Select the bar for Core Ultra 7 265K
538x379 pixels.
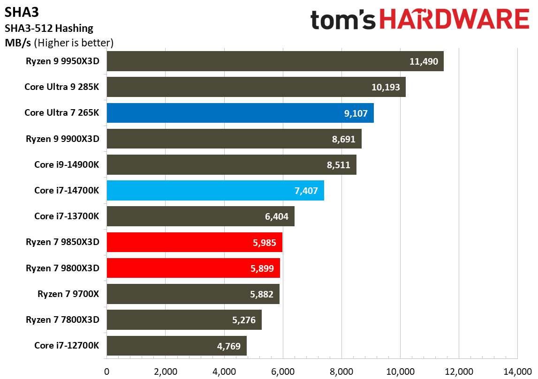[240, 113]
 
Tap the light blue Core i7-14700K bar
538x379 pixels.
[215, 191]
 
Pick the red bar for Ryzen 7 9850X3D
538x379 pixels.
[194, 242]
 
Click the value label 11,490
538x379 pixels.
[424, 61]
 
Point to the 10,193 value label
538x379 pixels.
[386, 87]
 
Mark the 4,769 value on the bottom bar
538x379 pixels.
[227, 346]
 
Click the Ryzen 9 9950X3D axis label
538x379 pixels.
[63, 61]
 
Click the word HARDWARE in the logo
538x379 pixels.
[455, 20]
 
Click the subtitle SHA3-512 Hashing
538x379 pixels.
[49, 29]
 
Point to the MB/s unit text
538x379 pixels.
[18, 43]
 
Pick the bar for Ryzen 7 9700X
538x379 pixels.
[193, 294]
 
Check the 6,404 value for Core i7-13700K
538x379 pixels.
[274, 216]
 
